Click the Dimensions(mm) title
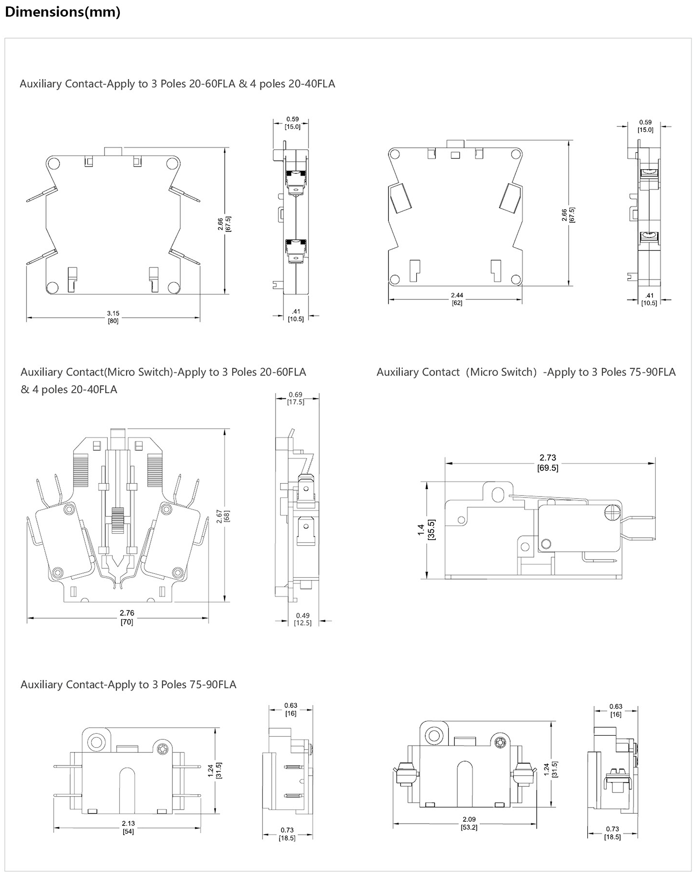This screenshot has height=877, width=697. click(63, 12)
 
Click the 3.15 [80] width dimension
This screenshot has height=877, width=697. click(113, 317)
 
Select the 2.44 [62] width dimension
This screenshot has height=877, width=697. click(457, 299)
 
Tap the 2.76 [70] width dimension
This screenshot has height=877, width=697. click(127, 617)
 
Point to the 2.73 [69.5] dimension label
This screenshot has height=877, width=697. click(548, 462)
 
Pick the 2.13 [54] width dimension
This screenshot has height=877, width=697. click(128, 827)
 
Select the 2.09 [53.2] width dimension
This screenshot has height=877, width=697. click(469, 823)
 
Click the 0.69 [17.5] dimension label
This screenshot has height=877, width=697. click(296, 398)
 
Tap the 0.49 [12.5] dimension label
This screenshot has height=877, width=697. click(302, 619)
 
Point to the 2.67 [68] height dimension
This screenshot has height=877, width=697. click(223, 516)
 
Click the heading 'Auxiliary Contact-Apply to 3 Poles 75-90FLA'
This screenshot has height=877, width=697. click(128, 685)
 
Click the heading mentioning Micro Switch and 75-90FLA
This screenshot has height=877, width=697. click(526, 372)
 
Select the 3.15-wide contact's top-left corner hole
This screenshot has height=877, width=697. click(53, 164)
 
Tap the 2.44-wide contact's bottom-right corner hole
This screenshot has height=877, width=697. click(515, 279)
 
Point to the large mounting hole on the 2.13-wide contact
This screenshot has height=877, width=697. click(97, 741)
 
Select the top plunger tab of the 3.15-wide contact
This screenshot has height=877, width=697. click(113, 151)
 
